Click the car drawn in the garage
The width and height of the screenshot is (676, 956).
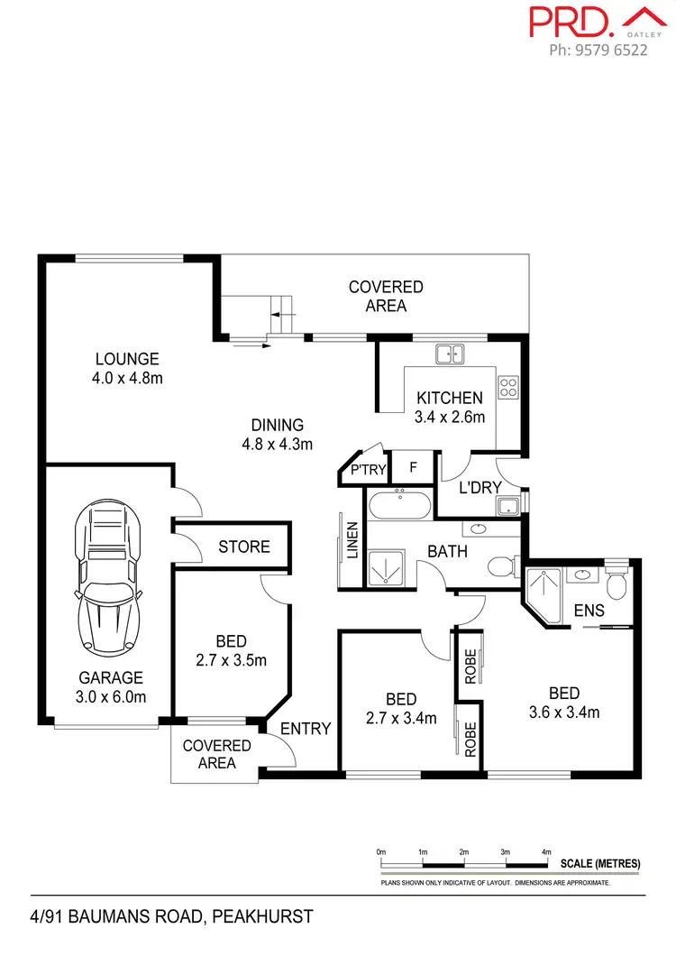coord(108,576)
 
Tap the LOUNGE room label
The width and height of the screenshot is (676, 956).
coord(126,359)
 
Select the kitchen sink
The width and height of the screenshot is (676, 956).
coord(449,354)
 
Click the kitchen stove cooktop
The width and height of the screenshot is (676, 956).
coord(508,386)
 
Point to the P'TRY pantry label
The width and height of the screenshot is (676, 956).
coord(368,469)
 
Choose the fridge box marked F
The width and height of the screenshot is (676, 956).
coord(414,468)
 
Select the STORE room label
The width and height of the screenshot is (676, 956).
coord(244,547)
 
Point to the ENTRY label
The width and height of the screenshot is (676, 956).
coord(306,729)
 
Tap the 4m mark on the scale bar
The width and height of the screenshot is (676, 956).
coord(546,851)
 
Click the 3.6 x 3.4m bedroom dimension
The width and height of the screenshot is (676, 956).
coord(563,712)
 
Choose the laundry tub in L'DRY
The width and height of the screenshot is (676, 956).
coord(510,505)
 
